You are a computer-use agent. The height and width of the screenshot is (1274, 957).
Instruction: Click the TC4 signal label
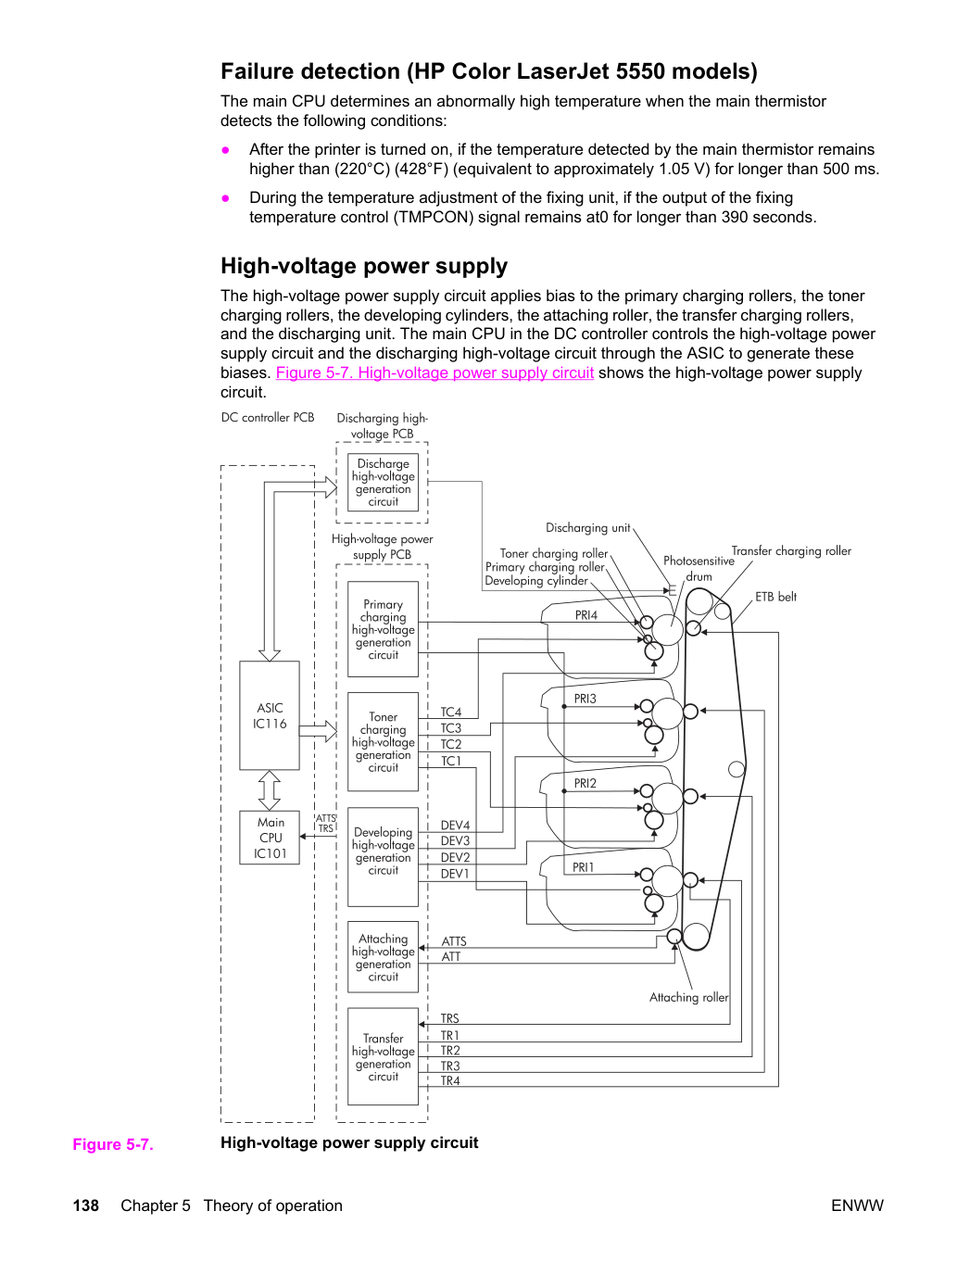[x=451, y=713]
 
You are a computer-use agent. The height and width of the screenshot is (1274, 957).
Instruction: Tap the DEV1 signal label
[x=455, y=874]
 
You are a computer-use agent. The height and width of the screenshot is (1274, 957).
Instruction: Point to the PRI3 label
[x=585, y=699]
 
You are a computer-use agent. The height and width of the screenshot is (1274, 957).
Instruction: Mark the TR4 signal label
[x=450, y=1080]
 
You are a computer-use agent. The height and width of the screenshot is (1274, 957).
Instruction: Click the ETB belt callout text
[x=776, y=597]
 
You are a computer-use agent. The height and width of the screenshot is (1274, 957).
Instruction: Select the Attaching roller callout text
[x=689, y=997]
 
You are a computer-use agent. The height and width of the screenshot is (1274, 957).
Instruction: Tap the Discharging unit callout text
[x=588, y=527]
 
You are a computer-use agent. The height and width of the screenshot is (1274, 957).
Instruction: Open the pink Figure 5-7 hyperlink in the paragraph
[x=434, y=372]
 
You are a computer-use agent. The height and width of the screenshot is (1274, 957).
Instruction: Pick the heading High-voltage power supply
[x=364, y=266]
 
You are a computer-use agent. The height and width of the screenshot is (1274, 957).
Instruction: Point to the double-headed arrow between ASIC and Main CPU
[x=270, y=790]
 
